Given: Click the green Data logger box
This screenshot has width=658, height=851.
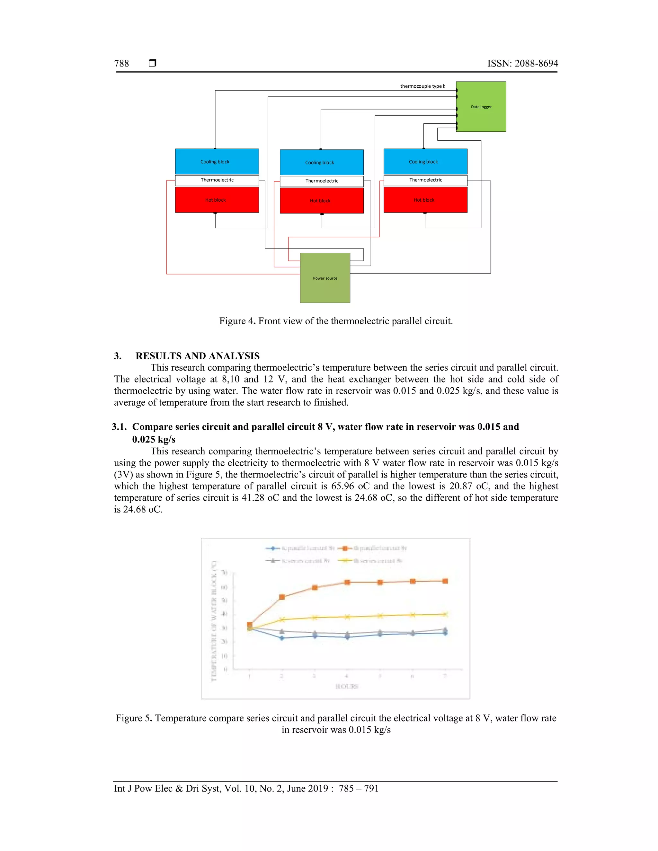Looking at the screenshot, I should (x=481, y=106).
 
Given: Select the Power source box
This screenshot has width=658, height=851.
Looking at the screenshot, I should (x=325, y=278).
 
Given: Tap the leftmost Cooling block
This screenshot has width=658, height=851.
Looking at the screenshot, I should (x=217, y=161).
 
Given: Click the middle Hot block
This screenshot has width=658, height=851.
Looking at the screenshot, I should (x=322, y=201).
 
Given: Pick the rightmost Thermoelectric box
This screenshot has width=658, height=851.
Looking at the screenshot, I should (x=425, y=180).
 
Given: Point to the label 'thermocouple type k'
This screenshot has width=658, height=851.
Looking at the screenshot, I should (x=422, y=86).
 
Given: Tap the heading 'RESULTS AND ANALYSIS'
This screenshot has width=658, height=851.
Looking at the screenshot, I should (x=197, y=356).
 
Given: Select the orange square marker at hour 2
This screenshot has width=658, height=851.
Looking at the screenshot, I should (x=282, y=597).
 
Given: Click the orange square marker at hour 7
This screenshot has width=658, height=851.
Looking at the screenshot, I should (x=445, y=581).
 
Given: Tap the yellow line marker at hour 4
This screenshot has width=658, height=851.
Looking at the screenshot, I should (x=347, y=617).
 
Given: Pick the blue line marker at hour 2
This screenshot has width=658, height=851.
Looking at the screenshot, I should (x=282, y=638).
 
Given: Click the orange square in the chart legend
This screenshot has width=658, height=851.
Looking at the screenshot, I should (x=345, y=548).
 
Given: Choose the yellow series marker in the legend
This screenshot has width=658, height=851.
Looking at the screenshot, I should (x=345, y=561).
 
